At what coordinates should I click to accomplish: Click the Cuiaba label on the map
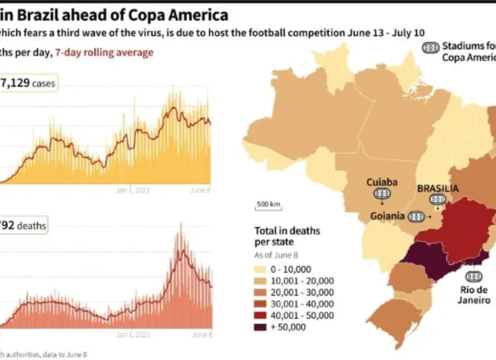[x=382, y=182]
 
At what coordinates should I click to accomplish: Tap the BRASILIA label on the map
[x=438, y=189]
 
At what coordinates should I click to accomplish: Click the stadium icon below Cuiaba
[x=382, y=193]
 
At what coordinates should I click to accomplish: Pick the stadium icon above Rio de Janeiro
[x=475, y=276]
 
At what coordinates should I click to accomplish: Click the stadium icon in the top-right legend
[x=430, y=47]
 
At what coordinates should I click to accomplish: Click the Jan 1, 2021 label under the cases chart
[x=132, y=190]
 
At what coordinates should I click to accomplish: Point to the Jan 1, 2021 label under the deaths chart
[x=132, y=335]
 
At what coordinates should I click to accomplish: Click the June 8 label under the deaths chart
[x=202, y=335]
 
